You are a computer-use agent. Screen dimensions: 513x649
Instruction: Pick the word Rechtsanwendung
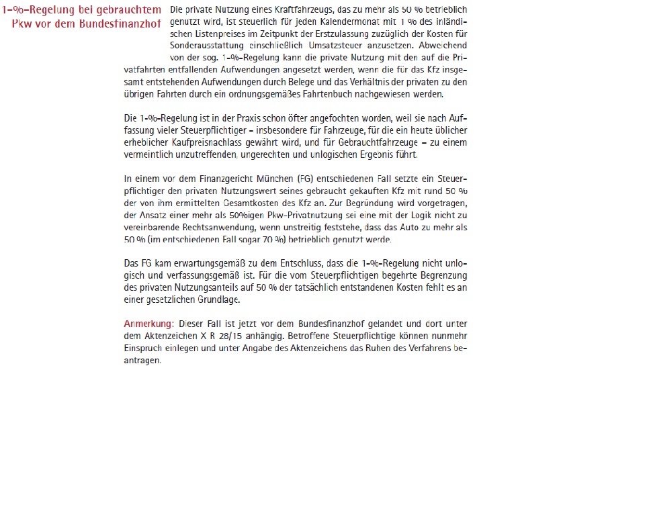(x=202, y=227)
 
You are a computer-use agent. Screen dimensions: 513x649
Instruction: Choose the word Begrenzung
(x=439, y=275)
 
